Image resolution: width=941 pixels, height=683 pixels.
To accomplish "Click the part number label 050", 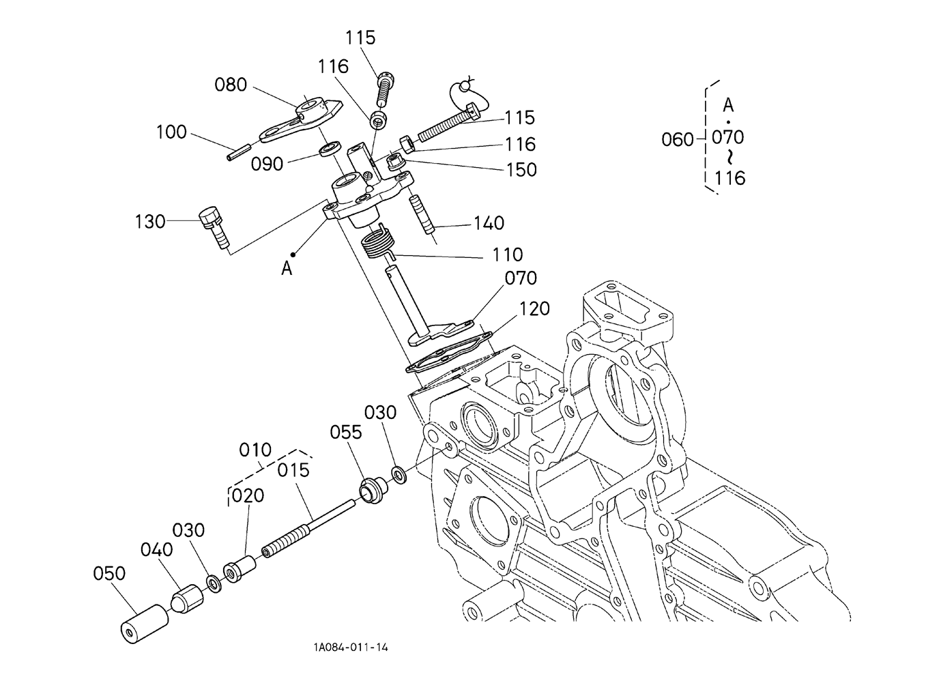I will [x=109, y=573].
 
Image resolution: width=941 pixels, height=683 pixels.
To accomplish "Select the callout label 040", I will [x=157, y=549].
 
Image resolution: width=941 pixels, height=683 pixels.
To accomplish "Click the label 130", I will [x=149, y=221].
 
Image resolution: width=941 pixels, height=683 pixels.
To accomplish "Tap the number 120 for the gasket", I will [x=534, y=309].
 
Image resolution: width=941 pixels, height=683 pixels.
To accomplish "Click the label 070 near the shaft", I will [x=521, y=278].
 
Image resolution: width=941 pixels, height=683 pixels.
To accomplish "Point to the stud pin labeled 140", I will [x=421, y=214].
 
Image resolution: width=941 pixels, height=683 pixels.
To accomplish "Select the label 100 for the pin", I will [x=171, y=132].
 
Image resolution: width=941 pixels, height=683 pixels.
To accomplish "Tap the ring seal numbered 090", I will [x=331, y=149].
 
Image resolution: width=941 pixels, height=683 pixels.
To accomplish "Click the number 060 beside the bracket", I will [x=677, y=140].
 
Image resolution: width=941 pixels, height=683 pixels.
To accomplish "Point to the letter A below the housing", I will [x=287, y=268].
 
